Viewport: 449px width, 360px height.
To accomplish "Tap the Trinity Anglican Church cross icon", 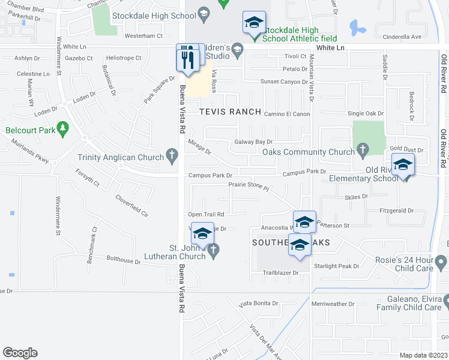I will pos(172,157).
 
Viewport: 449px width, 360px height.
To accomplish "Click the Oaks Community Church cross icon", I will pos(362,148).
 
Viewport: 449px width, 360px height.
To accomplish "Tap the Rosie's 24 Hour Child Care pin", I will pos(441,262).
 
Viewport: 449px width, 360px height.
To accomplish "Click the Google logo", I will pos(20,353).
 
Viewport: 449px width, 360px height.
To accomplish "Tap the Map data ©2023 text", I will pos(423,355).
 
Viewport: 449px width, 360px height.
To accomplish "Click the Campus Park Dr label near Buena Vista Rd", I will pos(210,175).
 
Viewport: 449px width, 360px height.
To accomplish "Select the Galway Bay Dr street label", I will pos(253,142).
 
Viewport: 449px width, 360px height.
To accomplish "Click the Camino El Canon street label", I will pos(286,114).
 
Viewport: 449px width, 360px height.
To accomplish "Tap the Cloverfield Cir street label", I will pos(131,206).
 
